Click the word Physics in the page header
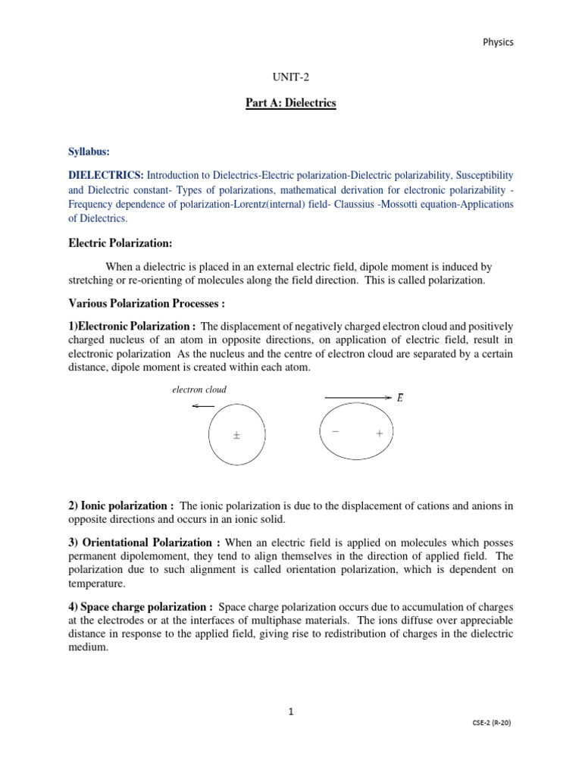pyautogui.click(x=498, y=42)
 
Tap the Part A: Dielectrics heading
pyautogui.click(x=290, y=103)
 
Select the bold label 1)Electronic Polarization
pyautogui.click(x=133, y=327)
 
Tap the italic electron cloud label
pyautogui.click(x=199, y=390)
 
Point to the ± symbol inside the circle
pyautogui.click(x=236, y=436)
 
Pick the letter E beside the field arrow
pyautogui.click(x=399, y=398)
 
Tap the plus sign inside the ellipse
pyautogui.click(x=379, y=433)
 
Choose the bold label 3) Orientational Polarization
pyautogui.click(x=145, y=543)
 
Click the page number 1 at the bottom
pyautogui.click(x=290, y=712)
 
